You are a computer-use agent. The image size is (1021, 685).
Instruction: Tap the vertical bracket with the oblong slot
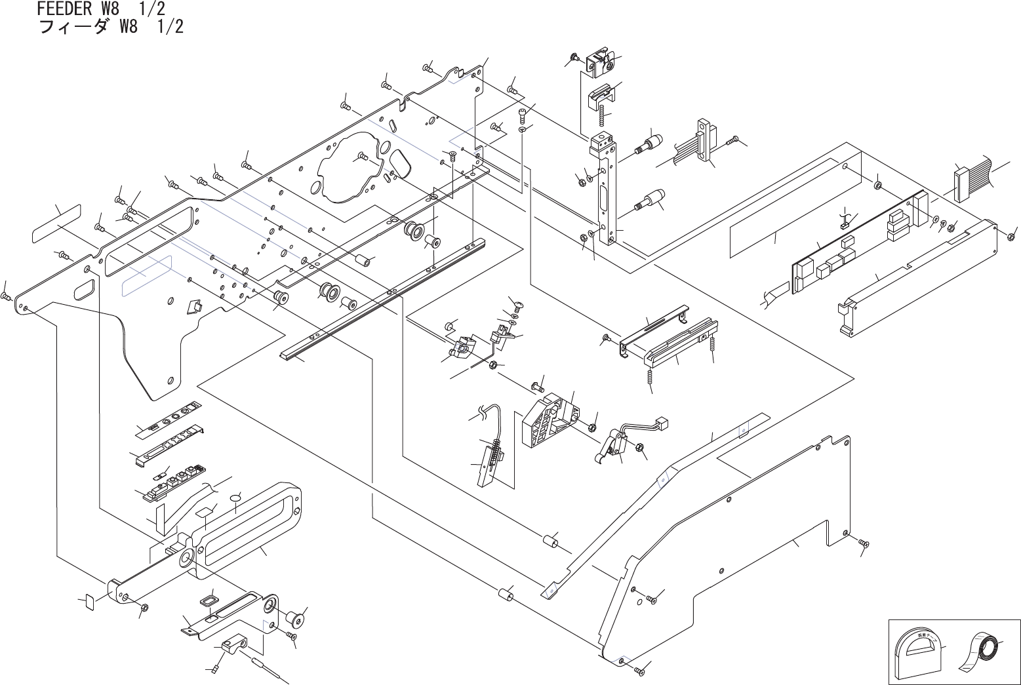click(x=604, y=190)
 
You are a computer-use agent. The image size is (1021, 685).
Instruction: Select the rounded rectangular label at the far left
click(x=56, y=223)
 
